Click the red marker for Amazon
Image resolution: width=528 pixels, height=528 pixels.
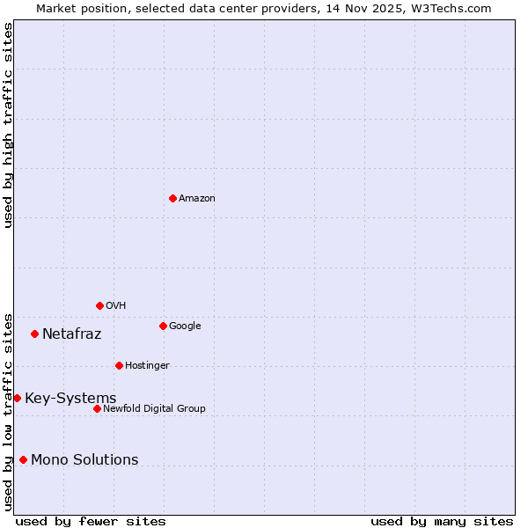(172, 198)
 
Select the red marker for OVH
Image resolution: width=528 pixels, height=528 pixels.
(99, 305)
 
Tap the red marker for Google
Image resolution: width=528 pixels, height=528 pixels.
(163, 326)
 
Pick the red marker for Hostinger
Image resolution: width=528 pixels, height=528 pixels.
(119, 365)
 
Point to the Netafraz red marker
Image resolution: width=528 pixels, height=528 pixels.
(34, 334)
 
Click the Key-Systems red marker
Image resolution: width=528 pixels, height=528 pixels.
(17, 398)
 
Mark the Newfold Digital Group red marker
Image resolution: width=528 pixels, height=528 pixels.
(97, 408)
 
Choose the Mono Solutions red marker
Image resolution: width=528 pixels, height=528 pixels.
(23, 459)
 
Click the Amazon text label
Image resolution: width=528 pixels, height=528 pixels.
(197, 199)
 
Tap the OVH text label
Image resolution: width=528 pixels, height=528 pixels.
(116, 306)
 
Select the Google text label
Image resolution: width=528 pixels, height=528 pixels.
(185, 326)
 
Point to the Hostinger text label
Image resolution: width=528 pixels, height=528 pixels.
(147, 366)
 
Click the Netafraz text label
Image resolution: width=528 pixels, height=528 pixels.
(72, 334)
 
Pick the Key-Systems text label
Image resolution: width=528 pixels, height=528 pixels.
(70, 399)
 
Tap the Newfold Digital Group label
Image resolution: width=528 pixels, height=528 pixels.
(154, 409)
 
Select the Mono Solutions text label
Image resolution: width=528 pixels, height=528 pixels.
(84, 460)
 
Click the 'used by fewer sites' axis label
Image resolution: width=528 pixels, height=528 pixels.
(91, 521)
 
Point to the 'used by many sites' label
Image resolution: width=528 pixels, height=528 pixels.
(442, 521)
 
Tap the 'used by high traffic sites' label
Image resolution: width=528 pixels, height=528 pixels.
(8, 125)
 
